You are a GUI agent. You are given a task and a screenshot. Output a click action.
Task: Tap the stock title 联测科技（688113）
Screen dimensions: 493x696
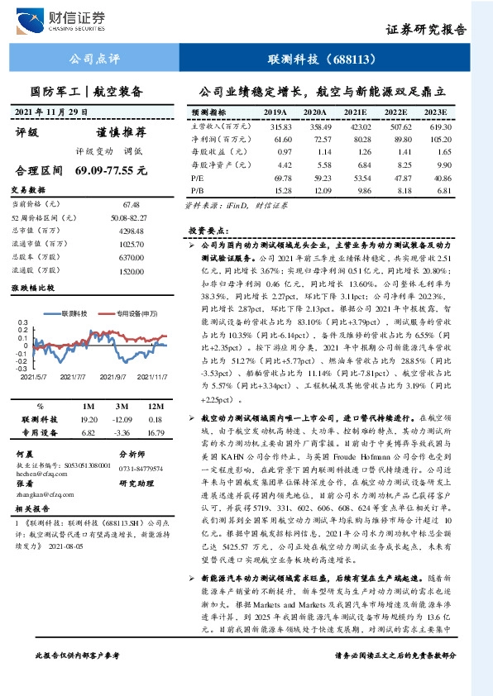click(x=323, y=60)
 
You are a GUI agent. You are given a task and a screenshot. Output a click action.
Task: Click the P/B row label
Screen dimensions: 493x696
click(x=198, y=191)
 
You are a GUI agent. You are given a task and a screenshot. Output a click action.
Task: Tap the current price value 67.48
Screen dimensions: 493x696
click(x=130, y=203)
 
